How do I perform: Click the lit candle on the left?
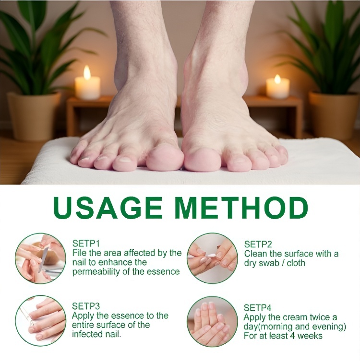[87, 86]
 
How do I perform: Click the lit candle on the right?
[278, 88]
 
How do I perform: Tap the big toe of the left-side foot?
[165, 159]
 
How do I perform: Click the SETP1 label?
[86, 243]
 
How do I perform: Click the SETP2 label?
[258, 244]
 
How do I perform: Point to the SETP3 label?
[86, 306]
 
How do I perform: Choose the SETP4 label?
[258, 307]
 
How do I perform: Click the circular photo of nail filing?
[40, 258]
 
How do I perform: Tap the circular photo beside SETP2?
[212, 258]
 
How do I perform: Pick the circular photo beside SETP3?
[40, 320]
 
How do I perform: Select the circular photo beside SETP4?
[212, 321]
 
